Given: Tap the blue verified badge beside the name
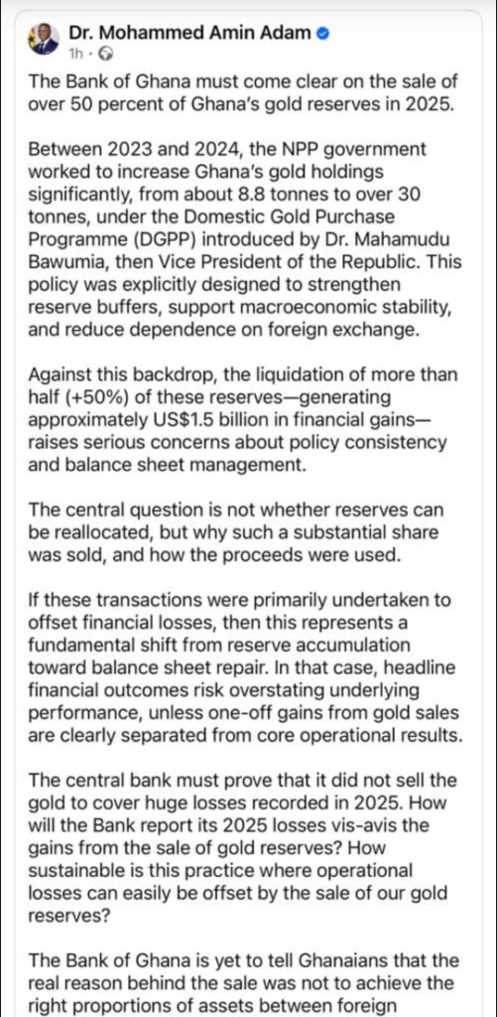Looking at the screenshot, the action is tap(322, 33).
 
